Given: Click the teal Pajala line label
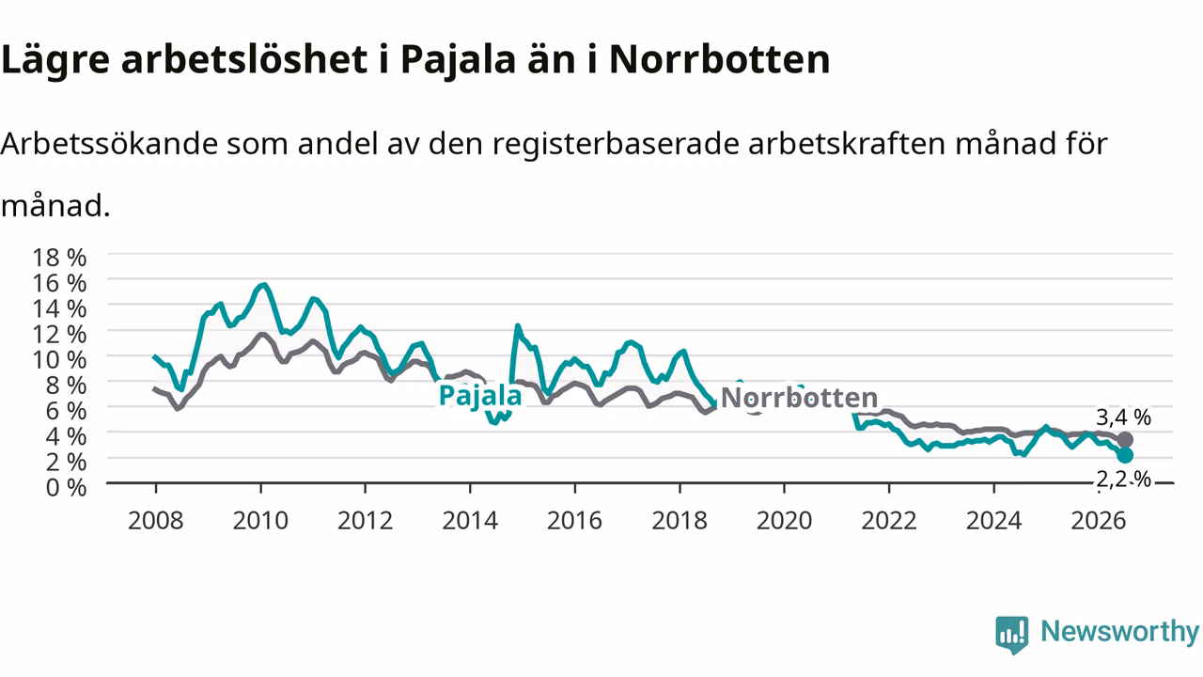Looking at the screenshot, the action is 480,396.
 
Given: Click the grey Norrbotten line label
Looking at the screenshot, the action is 799,398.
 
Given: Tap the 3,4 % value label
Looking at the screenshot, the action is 1123,417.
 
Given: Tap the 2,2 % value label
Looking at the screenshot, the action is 1123,479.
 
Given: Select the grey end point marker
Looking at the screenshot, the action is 1125,439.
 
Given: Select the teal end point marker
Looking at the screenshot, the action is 1125,455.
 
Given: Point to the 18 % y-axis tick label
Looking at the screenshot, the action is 59,258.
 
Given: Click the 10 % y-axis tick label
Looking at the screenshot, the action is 59,359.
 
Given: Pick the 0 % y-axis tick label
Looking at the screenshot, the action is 66,487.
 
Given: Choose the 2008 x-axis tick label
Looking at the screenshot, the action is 156,521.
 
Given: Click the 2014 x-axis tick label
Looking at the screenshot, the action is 470,521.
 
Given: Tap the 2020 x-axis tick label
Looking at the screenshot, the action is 784,521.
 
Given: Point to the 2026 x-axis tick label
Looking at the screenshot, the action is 1099,521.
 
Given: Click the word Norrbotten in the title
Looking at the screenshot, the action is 720,59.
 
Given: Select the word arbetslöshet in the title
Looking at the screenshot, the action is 245,59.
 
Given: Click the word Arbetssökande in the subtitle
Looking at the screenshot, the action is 110,144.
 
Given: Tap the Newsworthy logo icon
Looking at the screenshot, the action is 1012,635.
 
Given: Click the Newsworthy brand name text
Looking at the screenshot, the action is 1119,631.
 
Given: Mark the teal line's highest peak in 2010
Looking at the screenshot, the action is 263,285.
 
